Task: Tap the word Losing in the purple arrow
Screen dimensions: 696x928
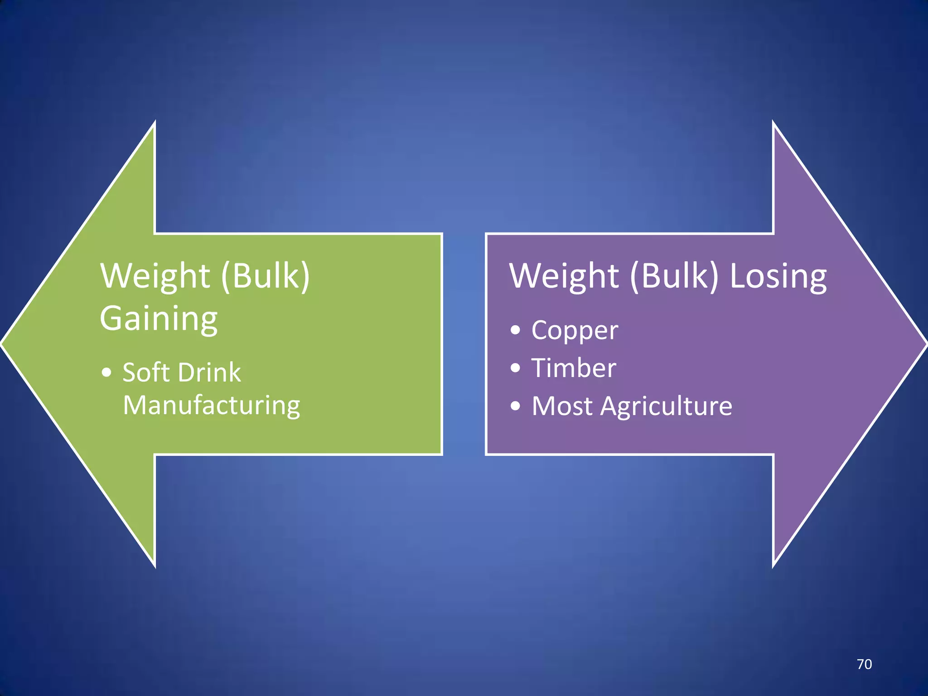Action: click(778, 276)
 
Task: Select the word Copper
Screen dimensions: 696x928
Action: click(575, 330)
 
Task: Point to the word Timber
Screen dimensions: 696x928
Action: click(574, 368)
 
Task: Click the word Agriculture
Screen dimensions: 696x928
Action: click(666, 406)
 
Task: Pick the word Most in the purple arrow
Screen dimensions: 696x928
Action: click(562, 406)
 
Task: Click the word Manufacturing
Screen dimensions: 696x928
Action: click(212, 405)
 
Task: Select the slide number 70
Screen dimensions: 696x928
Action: click(864, 664)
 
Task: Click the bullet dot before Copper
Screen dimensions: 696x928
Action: click(515, 330)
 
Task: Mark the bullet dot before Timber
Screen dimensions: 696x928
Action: click(515, 367)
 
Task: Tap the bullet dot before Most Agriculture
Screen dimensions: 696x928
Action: click(515, 406)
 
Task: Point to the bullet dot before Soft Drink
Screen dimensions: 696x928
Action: click(106, 372)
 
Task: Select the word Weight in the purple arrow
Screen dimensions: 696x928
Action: click(564, 276)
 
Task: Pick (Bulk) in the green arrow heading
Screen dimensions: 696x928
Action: click(266, 276)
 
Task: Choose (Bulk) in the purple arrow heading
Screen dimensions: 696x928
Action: click(674, 276)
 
